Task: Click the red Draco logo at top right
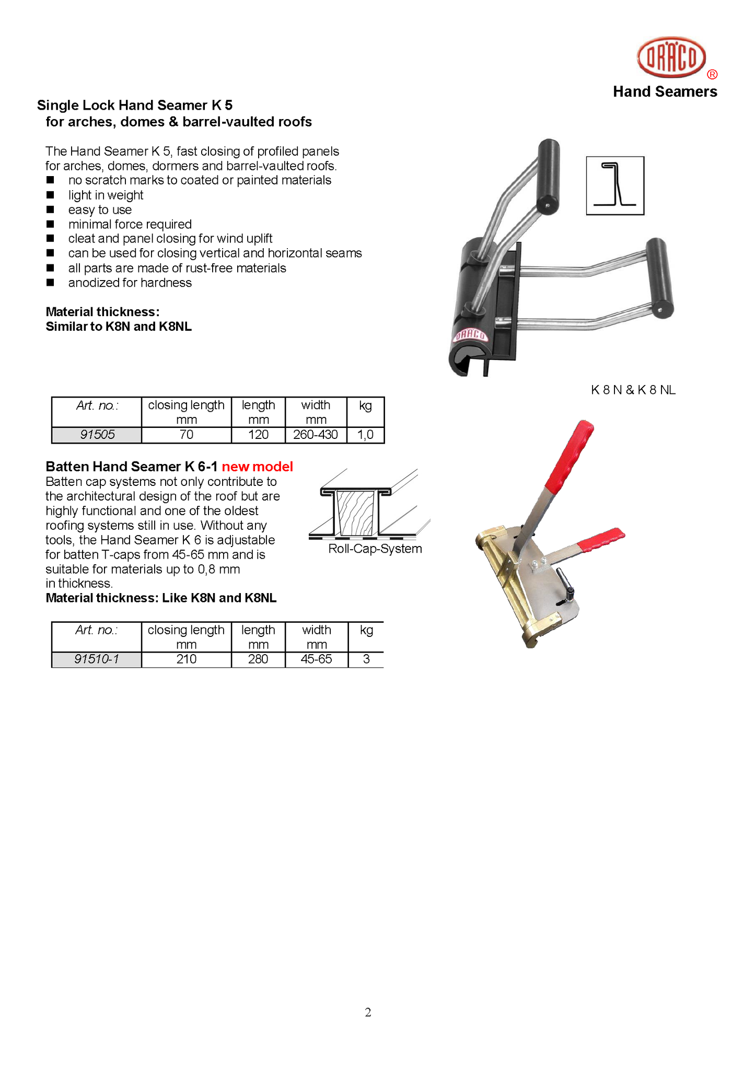point(671,57)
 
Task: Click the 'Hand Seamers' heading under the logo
point(665,92)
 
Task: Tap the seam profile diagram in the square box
point(615,185)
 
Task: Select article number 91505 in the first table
point(97,435)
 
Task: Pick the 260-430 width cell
point(316,435)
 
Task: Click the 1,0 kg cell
point(365,435)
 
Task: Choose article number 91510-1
point(97,659)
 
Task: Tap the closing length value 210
point(187,659)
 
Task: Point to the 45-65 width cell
point(316,659)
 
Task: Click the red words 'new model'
point(257,467)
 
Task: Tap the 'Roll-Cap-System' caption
point(375,549)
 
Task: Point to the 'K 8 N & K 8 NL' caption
point(633,390)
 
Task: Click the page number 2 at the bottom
point(368,1013)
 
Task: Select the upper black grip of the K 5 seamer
point(548,176)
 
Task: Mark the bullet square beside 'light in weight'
point(50,195)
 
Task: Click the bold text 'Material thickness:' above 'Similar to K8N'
point(102,312)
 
